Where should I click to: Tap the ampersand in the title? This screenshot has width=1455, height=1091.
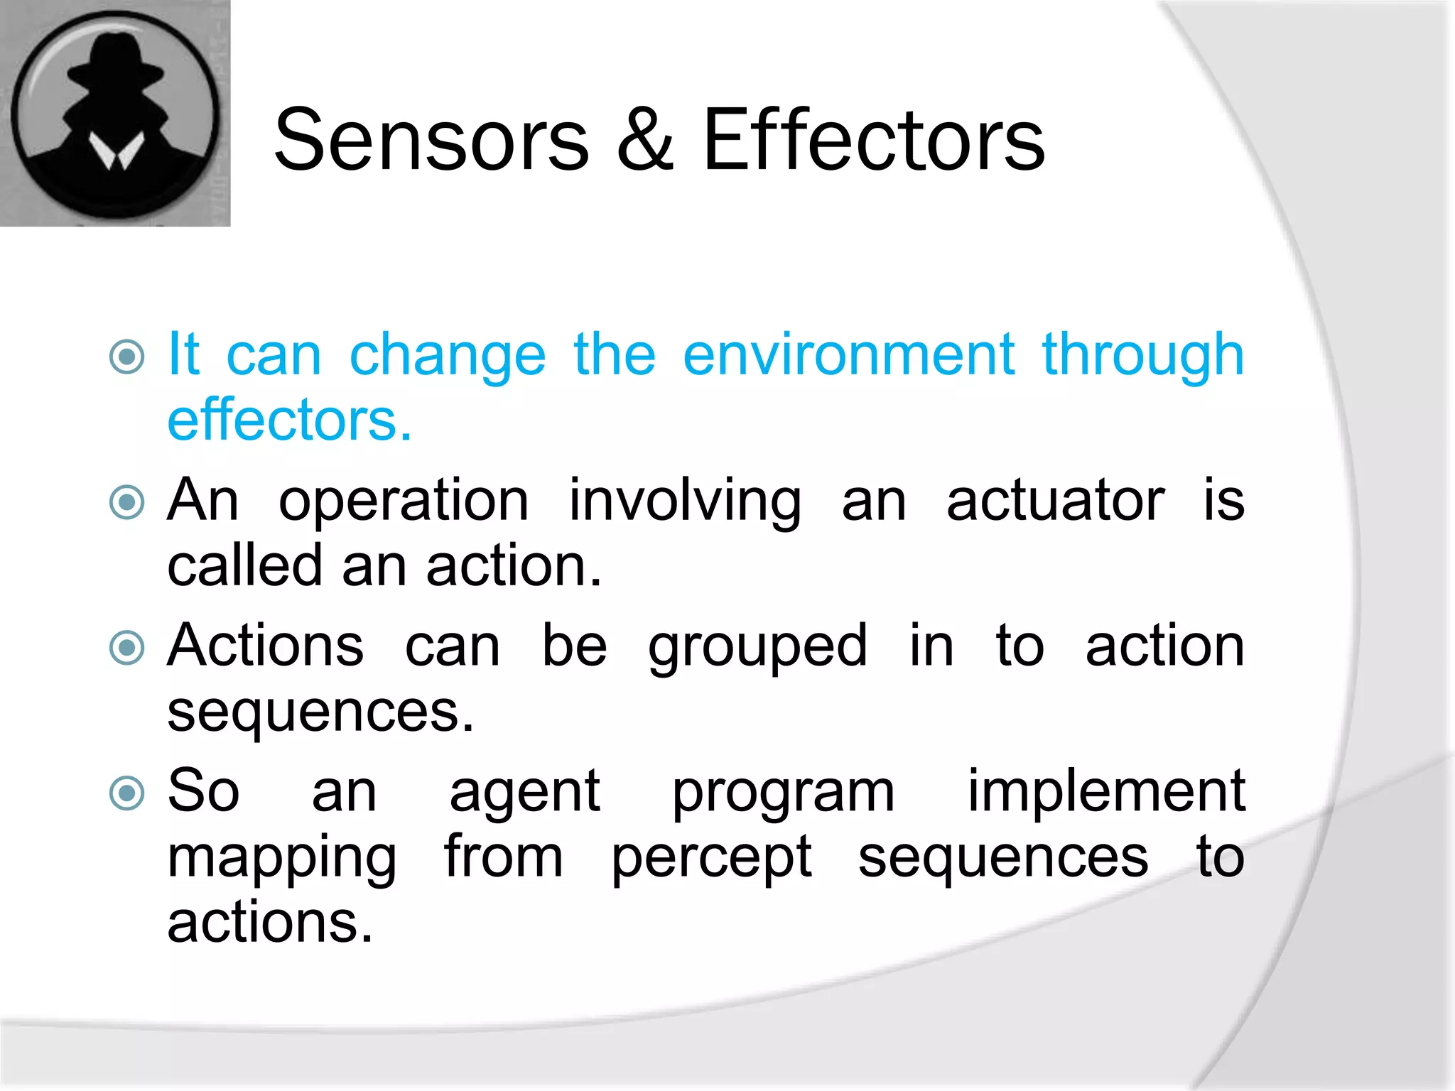coord(645,140)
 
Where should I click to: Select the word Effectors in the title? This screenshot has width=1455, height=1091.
coord(873,140)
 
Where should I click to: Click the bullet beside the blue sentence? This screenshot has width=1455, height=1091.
coord(128,357)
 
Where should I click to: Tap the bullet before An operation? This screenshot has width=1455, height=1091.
coord(128,503)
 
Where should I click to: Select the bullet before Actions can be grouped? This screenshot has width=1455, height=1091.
coord(128,648)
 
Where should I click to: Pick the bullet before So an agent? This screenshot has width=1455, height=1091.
coord(128,793)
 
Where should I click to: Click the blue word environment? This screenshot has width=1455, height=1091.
coord(848,355)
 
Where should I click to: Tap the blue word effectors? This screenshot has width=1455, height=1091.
coord(288,420)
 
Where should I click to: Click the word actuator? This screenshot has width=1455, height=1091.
coord(1055,501)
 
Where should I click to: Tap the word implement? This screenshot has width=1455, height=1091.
coord(1106,791)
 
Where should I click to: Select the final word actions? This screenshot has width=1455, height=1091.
coord(270,923)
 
